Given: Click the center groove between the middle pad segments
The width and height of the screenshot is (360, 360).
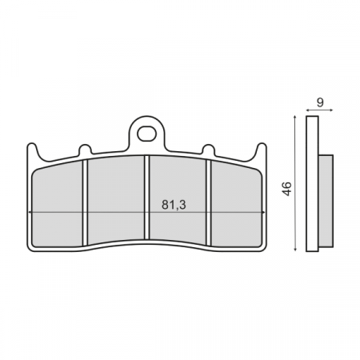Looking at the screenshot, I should coord(146,200).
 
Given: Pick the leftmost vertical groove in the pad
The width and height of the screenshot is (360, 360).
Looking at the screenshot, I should coord(86,200).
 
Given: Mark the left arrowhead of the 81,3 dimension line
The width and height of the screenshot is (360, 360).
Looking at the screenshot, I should coord(30,212).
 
